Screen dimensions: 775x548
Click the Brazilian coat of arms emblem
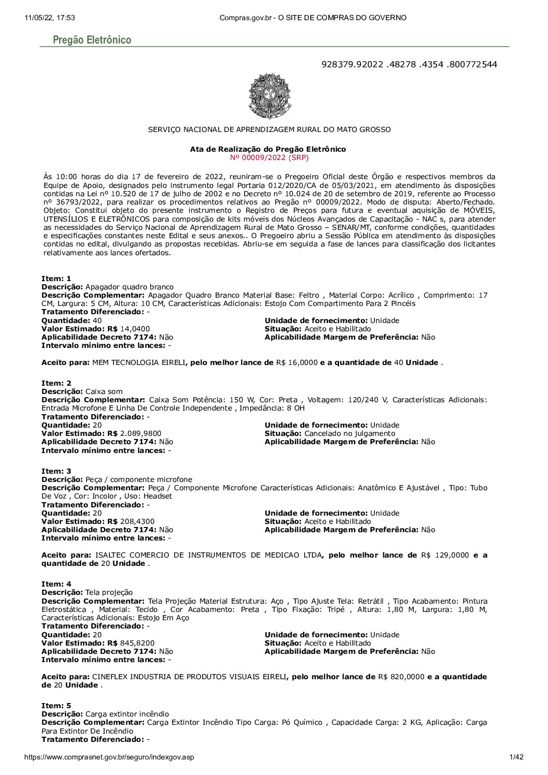[x=269, y=96]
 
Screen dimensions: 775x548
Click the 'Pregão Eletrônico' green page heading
[x=92, y=40]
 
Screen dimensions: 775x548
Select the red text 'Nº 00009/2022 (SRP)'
[x=269, y=157]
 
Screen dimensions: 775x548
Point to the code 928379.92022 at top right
[x=352, y=64]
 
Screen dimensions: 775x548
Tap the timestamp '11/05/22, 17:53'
[x=50, y=18]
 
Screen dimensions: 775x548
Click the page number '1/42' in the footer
[x=516, y=757]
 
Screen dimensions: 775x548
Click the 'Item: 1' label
[x=56, y=279]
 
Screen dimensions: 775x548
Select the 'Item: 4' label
[x=56, y=584]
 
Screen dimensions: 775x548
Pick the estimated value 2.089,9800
[x=140, y=433]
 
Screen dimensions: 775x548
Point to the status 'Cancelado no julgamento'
[x=350, y=433]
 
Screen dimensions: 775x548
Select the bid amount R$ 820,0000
[x=401, y=677]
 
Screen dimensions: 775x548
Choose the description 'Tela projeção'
[x=109, y=592]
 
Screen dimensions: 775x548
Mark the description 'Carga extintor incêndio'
[x=127, y=714]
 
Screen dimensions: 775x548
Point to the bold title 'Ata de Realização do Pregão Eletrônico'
[x=268, y=149]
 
